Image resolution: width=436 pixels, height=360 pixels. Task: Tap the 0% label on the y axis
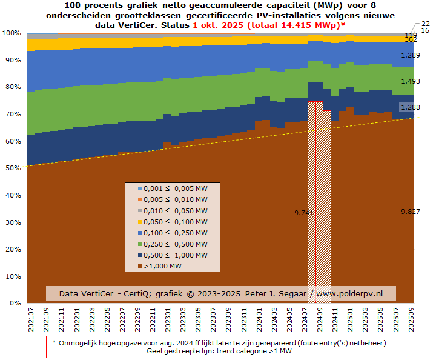[15, 303]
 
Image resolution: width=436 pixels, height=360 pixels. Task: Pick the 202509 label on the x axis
[410, 319]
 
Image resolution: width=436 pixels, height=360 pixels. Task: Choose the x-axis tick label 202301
[168, 319]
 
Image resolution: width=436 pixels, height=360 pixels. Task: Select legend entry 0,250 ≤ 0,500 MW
[172, 244]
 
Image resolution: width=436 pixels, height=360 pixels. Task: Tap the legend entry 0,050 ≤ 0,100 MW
[172, 222]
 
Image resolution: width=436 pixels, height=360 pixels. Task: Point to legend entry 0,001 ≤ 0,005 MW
[172, 188]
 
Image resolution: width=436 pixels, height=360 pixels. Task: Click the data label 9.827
[410, 212]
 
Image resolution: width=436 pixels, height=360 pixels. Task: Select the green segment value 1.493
[410, 81]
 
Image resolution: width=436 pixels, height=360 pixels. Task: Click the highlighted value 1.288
[409, 107]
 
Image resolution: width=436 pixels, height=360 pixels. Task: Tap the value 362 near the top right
[410, 39]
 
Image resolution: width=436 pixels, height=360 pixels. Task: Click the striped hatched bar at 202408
[315, 200]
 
